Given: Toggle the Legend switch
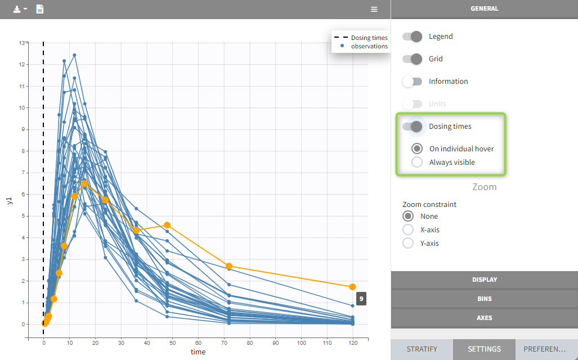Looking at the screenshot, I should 412,37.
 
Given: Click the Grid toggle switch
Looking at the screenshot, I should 412,59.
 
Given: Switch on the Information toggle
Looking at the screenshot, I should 412,82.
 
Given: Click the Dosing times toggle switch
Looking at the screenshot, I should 412,127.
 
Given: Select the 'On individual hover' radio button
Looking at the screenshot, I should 417,149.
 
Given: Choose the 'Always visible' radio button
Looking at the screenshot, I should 417,163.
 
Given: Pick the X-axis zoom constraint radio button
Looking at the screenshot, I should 409,229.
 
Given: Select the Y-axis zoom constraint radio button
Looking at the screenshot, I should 409,243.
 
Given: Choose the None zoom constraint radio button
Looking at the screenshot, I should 409,216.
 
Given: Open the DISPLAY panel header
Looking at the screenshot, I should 484,280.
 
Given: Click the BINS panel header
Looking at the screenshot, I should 484,299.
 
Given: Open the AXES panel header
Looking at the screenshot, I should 484,318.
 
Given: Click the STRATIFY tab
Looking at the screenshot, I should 422,349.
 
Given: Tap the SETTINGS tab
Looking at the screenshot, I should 484,349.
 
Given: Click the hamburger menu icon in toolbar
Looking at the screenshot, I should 374,10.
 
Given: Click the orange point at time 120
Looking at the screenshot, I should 352,287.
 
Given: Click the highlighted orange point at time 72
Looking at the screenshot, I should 229,266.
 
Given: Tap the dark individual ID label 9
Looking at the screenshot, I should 361,299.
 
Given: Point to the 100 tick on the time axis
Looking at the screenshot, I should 301,342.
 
